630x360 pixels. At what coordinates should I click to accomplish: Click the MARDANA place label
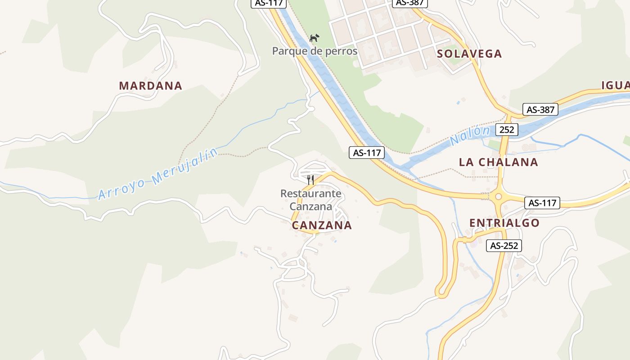150,85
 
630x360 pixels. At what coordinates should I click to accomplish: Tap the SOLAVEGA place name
469,54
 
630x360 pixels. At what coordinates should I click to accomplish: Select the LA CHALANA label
498,162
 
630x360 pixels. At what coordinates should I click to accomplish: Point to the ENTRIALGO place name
504,223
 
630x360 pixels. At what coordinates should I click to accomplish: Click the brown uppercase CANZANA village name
322,225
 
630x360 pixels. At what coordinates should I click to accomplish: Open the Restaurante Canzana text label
310,200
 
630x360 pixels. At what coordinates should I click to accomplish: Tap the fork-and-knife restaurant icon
310,180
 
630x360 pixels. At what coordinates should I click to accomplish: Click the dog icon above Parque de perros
314,37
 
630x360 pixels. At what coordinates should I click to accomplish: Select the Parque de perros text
315,51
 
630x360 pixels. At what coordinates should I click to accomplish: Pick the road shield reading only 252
507,130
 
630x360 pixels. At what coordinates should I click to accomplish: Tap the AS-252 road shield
504,246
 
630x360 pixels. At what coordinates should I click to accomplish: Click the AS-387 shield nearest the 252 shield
540,109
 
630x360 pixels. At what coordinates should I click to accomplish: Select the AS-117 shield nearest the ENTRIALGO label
542,203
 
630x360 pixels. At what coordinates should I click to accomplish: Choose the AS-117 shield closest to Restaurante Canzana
367,153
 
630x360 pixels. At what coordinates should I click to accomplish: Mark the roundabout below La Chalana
498,197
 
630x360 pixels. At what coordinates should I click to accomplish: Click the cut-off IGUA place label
615,85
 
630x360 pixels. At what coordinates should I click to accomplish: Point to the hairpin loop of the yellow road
441,293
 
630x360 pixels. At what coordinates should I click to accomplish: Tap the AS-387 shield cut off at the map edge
409,3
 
